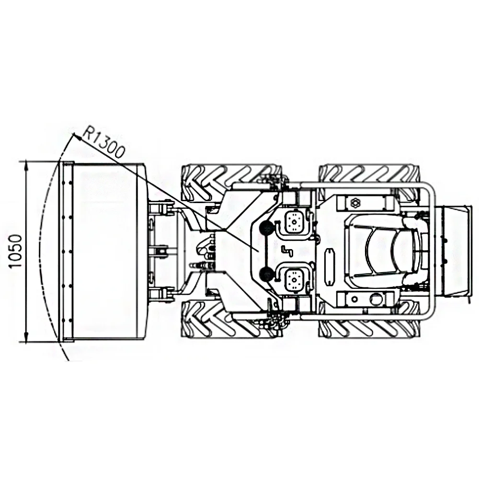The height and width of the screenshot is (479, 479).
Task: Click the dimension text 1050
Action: (x=16, y=251)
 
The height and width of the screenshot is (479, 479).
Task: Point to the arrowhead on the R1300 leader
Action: (x=77, y=137)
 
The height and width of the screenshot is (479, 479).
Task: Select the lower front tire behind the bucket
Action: (x=231, y=319)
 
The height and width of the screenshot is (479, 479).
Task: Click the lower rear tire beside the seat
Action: (x=369, y=319)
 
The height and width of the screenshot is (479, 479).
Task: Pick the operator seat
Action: (x=386, y=251)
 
